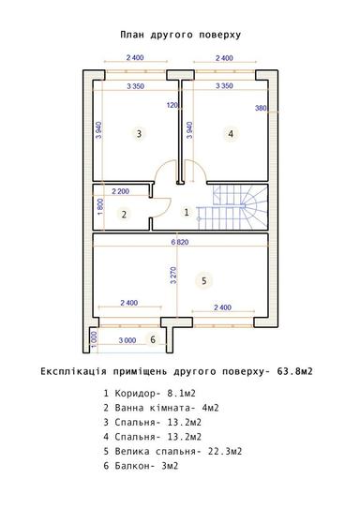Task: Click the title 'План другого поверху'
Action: pos(180,33)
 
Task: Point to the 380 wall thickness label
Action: pos(262,109)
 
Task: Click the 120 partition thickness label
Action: pos(172,105)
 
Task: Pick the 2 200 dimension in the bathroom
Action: pos(121,191)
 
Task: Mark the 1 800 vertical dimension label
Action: pos(99,205)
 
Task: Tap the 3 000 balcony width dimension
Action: pos(124,340)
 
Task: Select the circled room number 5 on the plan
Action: pos(202,279)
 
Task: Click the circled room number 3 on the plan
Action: pos(139,134)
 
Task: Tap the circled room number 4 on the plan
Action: pos(230,134)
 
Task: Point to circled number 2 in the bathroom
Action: pos(123,214)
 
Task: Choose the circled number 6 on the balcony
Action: pos(153,338)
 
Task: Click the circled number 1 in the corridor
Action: pos(186,213)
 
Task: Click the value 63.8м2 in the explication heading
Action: pos(292,371)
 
